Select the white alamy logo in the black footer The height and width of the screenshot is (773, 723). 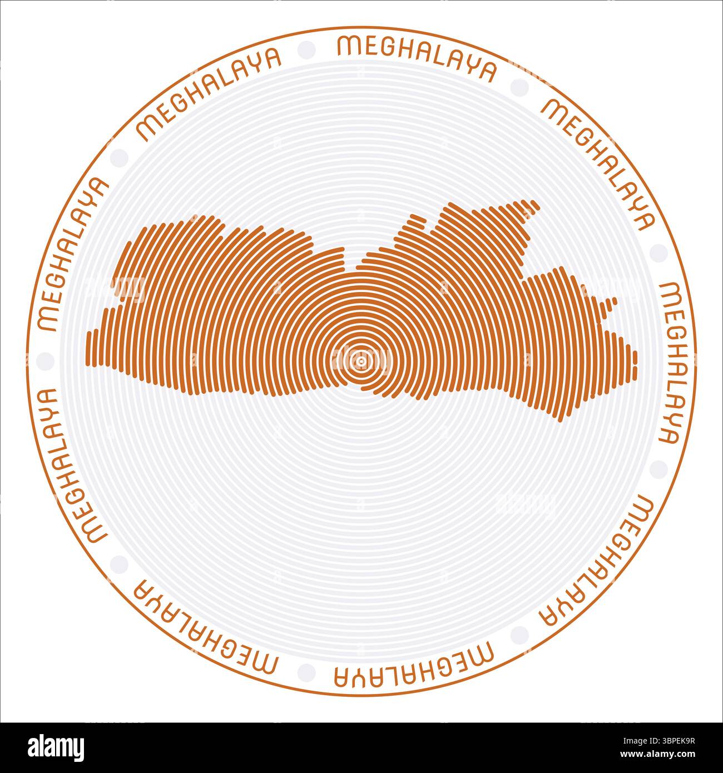click(x=56, y=746)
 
